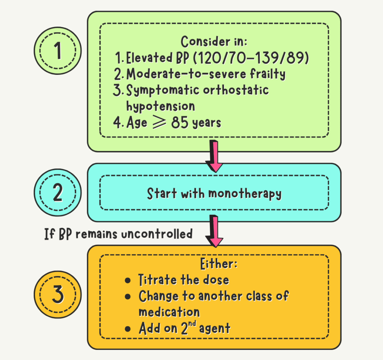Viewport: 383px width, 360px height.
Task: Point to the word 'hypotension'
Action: [160, 106]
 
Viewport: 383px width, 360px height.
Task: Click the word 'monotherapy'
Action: [244, 193]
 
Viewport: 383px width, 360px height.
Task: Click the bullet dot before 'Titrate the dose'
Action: [128, 280]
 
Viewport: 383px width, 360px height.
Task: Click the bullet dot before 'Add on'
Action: [128, 329]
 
